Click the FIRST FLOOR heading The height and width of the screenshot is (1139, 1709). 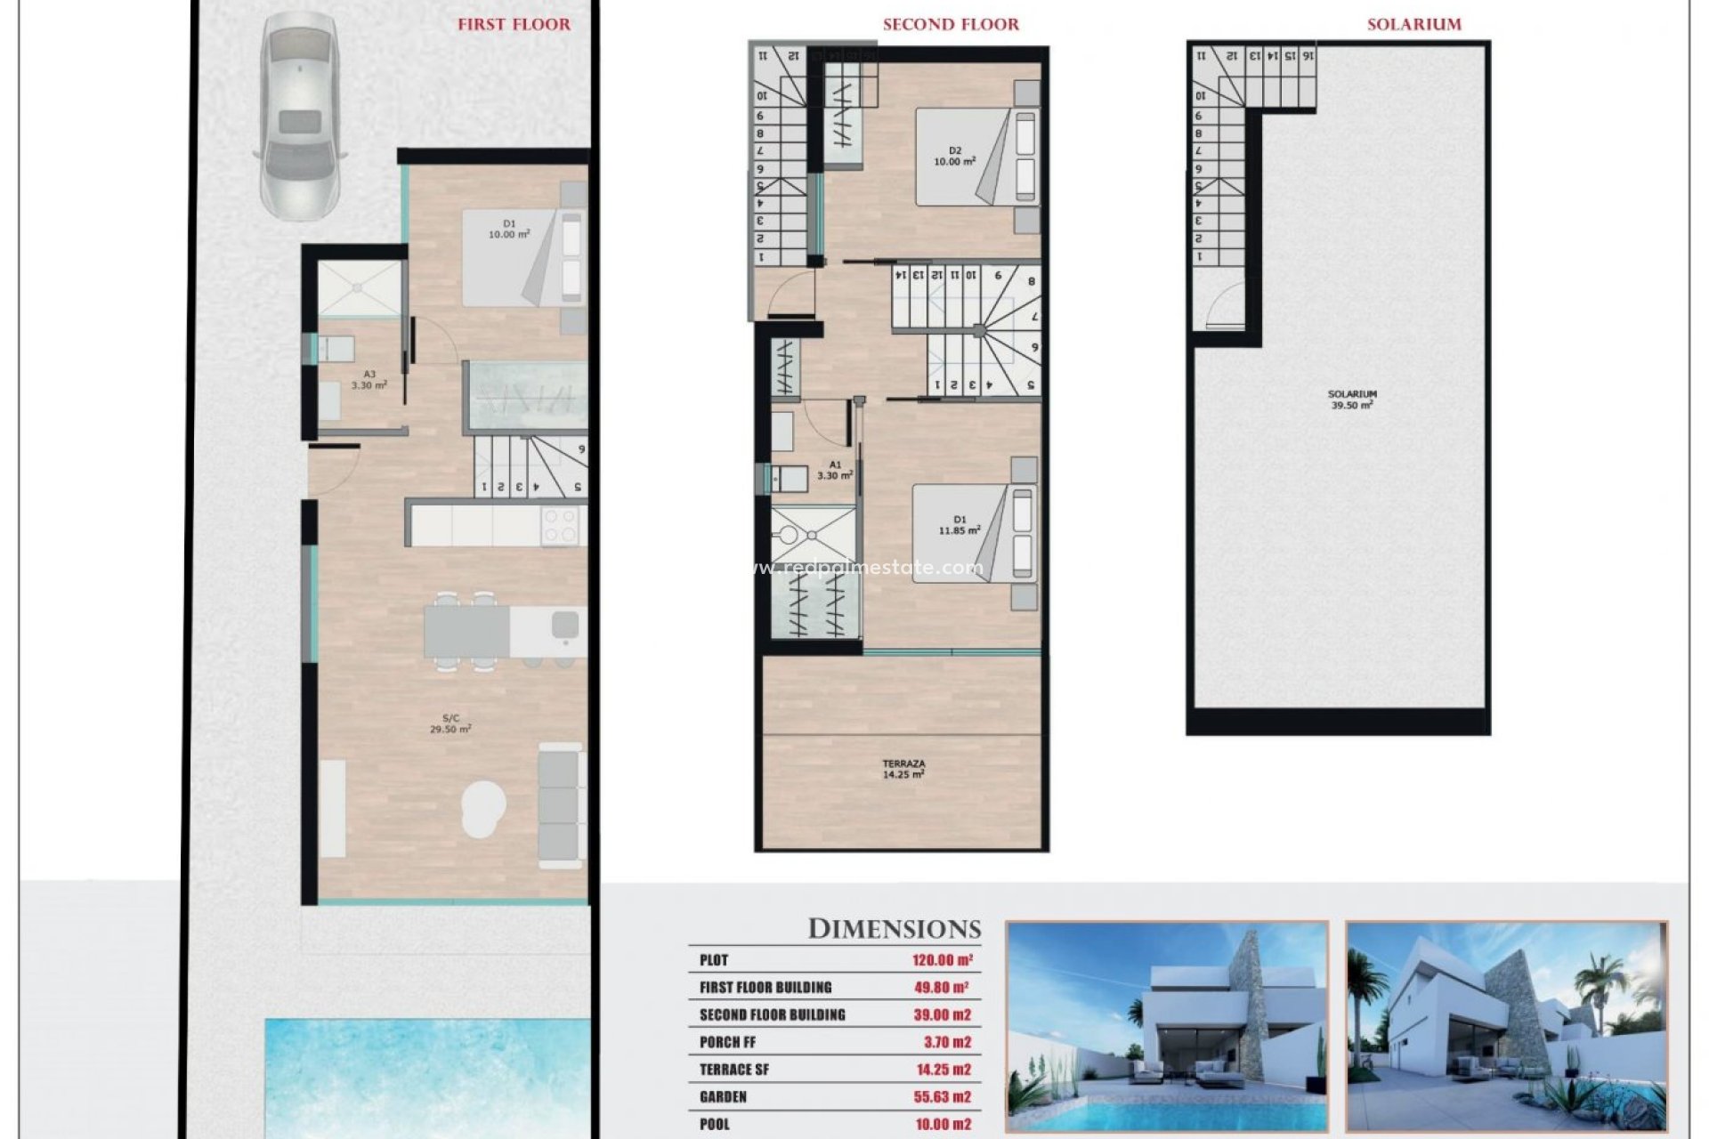click(514, 25)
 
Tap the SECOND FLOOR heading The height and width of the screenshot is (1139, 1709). click(951, 25)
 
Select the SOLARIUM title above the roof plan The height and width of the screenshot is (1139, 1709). click(1413, 25)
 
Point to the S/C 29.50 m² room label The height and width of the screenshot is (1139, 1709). click(450, 723)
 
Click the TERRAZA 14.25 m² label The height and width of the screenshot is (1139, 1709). click(903, 769)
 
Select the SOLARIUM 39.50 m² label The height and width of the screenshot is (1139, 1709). click(1351, 400)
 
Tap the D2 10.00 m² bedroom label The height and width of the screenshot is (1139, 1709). click(954, 157)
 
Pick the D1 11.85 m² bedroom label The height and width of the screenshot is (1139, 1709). click(959, 525)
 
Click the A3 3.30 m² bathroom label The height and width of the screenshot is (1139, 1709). click(369, 380)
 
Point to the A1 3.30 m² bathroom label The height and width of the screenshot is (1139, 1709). click(834, 470)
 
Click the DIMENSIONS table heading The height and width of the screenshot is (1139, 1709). click(894, 929)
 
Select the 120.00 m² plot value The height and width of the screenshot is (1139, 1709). click(942, 960)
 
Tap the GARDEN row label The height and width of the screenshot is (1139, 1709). click(723, 1097)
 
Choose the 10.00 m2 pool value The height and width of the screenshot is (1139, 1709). click(942, 1125)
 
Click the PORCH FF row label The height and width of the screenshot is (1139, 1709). click(727, 1042)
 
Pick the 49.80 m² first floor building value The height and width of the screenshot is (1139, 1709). click(940, 988)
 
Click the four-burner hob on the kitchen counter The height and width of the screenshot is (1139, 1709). click(560, 525)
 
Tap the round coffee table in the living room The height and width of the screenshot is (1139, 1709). click(483, 808)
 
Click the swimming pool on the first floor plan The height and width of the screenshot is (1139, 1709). click(427, 1077)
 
